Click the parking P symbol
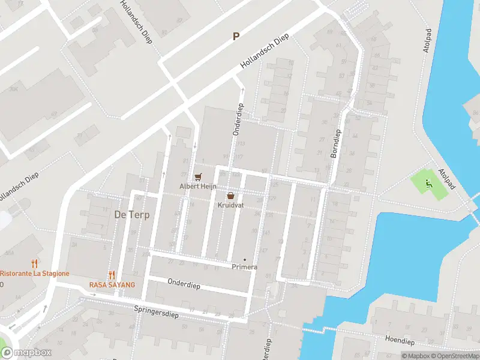tap(236, 37)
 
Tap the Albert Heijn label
tap(197, 187)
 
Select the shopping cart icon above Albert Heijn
tap(197, 177)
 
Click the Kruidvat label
tap(230, 205)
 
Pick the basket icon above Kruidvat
tap(230, 196)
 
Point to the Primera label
tap(244, 267)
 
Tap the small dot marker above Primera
tap(244, 260)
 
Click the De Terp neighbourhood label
tap(131, 215)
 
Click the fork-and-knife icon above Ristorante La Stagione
tap(35, 263)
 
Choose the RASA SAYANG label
tap(112, 285)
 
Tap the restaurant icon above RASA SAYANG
tap(112, 275)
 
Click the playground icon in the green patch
tap(428, 183)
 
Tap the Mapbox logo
tap(26, 353)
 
